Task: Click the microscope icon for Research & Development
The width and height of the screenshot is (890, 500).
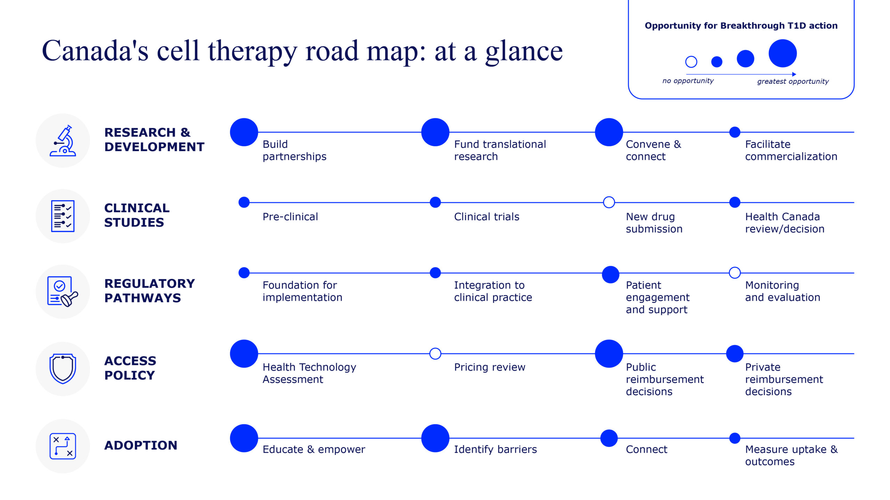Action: click(x=63, y=141)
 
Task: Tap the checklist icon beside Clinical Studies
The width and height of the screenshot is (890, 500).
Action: click(x=63, y=216)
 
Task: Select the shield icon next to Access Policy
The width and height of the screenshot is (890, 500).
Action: click(x=63, y=369)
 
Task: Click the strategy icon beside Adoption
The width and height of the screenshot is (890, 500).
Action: click(x=63, y=446)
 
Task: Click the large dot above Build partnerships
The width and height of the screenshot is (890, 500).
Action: click(x=244, y=132)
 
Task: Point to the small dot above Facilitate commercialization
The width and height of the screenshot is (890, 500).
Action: click(x=735, y=132)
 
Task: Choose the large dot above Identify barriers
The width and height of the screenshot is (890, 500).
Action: click(x=435, y=438)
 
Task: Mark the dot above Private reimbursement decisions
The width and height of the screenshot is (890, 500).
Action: click(x=735, y=354)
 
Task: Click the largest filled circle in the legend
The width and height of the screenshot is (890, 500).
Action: click(x=783, y=53)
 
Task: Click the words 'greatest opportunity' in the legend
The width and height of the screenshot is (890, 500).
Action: click(x=793, y=82)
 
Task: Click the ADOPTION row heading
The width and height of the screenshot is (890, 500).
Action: click(x=141, y=445)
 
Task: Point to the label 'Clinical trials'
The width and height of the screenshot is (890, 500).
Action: click(x=487, y=217)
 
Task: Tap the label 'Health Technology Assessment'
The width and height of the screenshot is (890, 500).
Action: click(x=309, y=373)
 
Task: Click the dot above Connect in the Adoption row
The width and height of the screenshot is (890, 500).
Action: click(x=609, y=438)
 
